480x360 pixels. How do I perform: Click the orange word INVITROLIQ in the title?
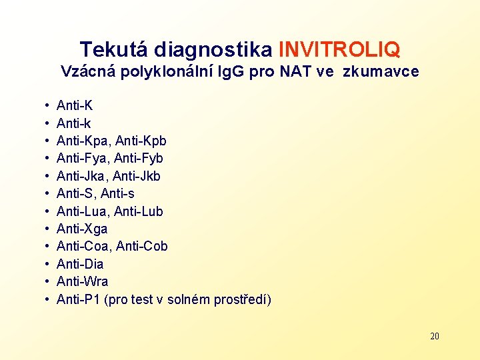[x=339, y=49]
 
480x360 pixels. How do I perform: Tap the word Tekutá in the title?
[x=115, y=49]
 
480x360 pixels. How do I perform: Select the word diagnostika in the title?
[x=213, y=49]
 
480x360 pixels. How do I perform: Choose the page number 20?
[x=435, y=336]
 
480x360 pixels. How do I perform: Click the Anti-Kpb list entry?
[x=142, y=141]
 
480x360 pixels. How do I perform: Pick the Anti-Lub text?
[x=139, y=211]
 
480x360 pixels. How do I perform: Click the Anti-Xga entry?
[x=82, y=229]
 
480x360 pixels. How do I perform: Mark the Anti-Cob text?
[x=142, y=247]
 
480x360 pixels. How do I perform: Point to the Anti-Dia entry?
[x=80, y=264]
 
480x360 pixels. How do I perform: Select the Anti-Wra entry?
[x=83, y=281]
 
